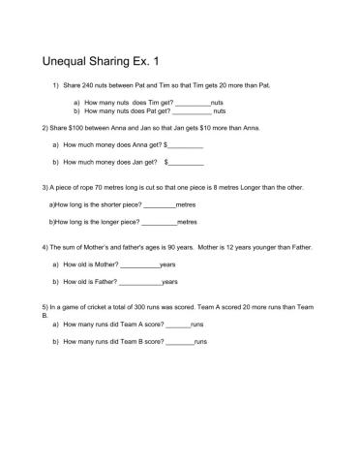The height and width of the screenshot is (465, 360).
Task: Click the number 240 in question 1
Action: click(93, 86)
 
